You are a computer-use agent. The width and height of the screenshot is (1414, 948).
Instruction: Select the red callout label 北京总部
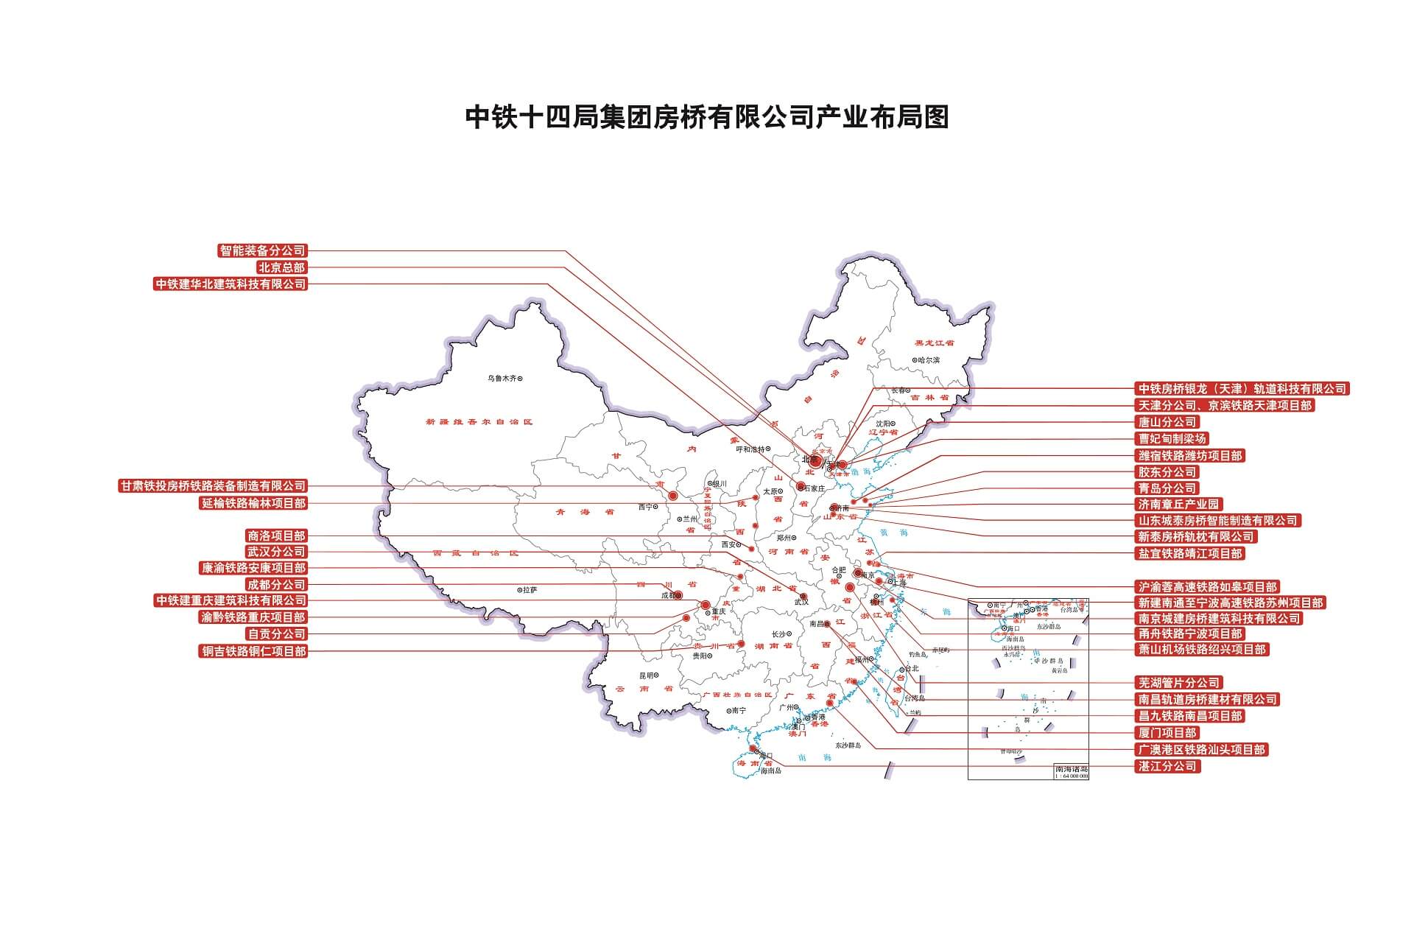click(x=281, y=267)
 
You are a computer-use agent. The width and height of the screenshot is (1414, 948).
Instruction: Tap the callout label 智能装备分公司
click(x=262, y=250)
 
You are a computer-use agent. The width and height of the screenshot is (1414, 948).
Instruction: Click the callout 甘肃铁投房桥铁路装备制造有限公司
click(x=213, y=486)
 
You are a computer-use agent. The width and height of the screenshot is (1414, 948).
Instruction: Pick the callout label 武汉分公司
click(x=275, y=552)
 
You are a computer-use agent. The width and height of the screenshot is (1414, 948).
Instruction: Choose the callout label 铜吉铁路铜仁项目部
click(x=253, y=651)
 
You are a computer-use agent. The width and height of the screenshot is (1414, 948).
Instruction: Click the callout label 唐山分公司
click(x=1167, y=422)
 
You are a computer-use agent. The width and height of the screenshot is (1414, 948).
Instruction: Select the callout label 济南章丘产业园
click(x=1179, y=505)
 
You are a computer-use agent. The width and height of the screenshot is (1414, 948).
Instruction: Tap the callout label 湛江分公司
click(x=1167, y=766)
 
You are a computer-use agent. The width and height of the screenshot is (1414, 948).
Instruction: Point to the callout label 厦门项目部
click(x=1167, y=733)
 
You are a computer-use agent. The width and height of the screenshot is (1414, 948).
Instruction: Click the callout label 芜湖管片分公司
click(x=1179, y=683)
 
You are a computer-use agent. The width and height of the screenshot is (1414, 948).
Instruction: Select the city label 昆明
click(x=647, y=675)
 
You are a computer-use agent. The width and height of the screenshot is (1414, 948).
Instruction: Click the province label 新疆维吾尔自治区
click(x=479, y=422)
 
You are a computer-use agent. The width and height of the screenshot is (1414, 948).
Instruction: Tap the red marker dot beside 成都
click(x=678, y=595)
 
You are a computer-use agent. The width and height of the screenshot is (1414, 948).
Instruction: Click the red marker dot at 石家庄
click(x=801, y=485)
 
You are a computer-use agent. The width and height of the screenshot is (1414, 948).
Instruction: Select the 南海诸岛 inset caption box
click(x=1071, y=770)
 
